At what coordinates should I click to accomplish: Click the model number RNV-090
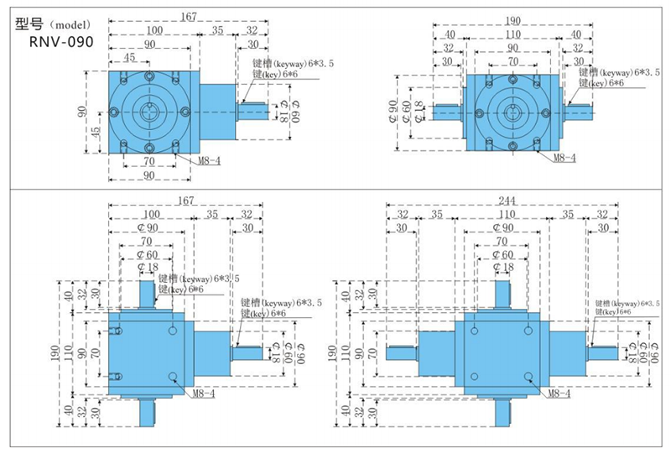pos(60,40)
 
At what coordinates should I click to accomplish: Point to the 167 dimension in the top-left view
pos(191,16)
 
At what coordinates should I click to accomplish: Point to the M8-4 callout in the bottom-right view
pos(558,392)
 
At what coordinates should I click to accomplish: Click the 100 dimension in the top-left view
pos(150,31)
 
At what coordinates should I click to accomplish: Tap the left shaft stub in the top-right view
pos(448,110)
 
